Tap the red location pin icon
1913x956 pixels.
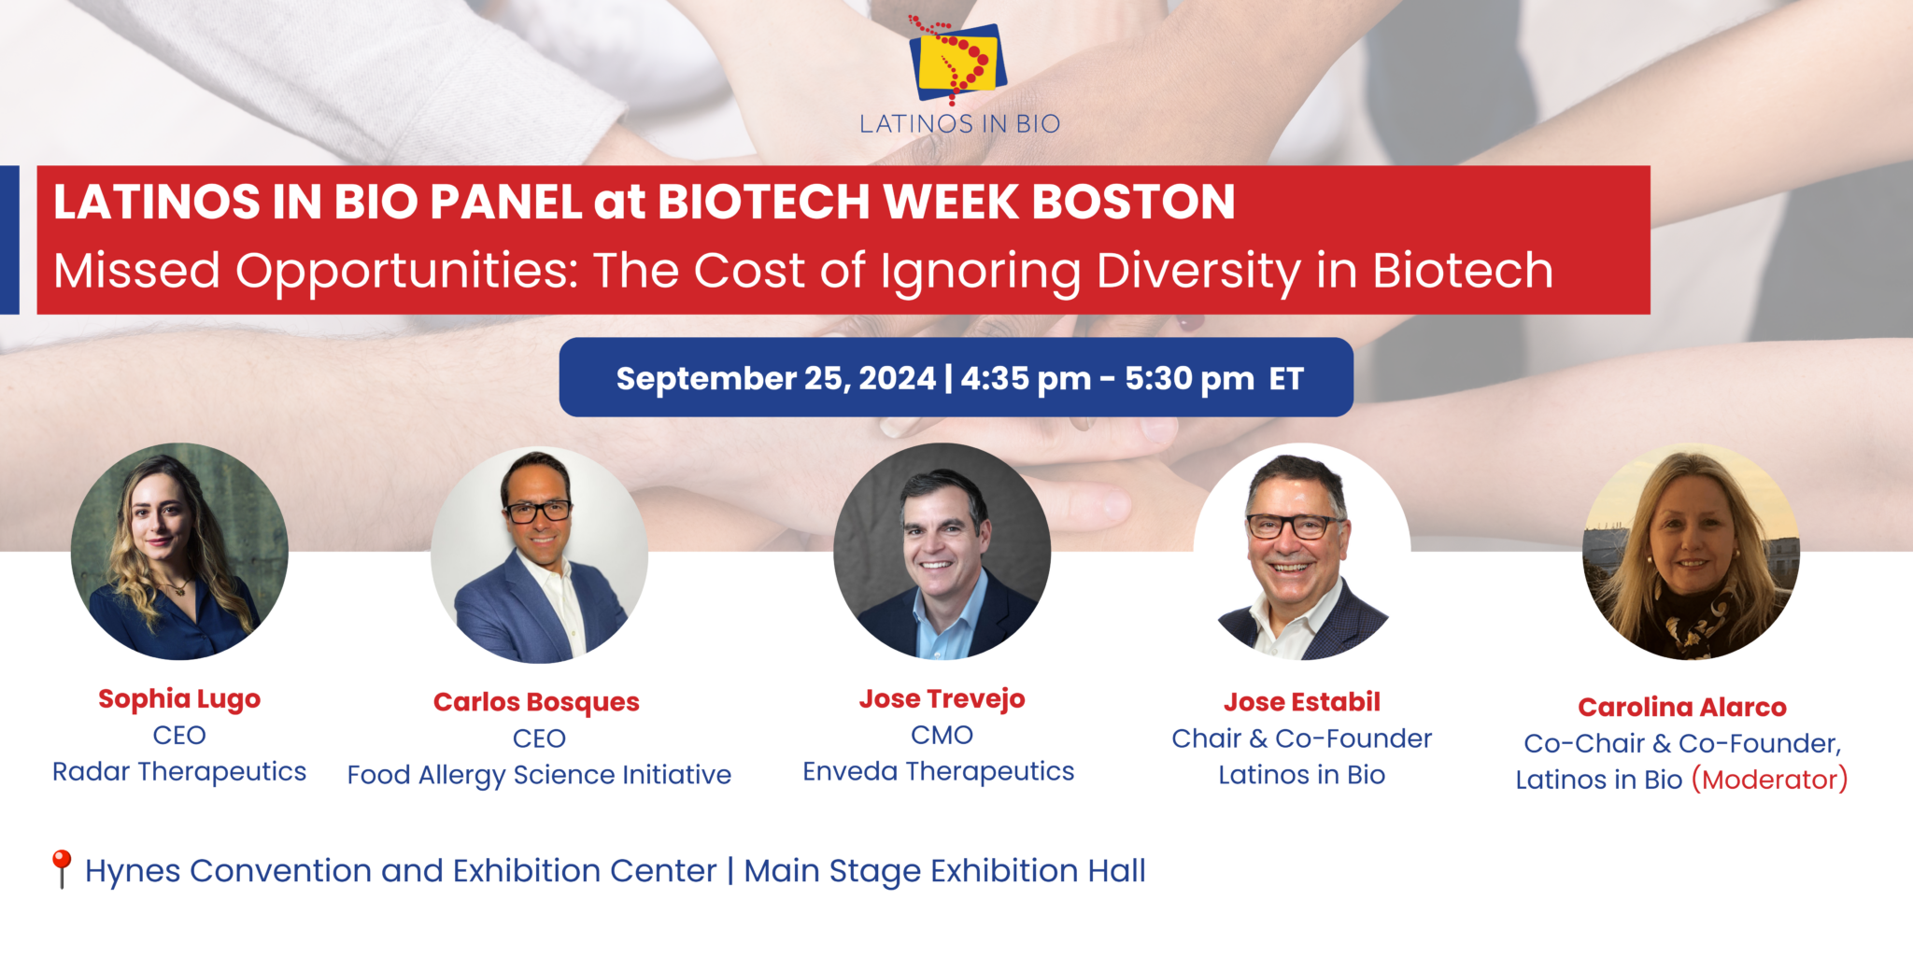62,868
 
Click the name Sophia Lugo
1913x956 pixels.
179,699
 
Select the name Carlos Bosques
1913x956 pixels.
536,702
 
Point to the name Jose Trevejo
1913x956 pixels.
942,699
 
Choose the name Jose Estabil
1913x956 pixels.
1301,702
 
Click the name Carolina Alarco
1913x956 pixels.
1681,708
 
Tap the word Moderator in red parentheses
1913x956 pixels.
1769,780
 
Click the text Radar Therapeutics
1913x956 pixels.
179,772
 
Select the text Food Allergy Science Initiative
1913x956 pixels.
539,775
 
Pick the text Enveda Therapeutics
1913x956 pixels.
938,772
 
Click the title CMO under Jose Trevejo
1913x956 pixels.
942,736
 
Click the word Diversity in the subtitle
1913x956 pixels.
1198,271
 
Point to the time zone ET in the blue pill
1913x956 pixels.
1286,379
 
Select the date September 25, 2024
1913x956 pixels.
775,379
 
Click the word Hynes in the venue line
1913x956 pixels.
132,871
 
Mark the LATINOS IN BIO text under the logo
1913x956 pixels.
959,124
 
